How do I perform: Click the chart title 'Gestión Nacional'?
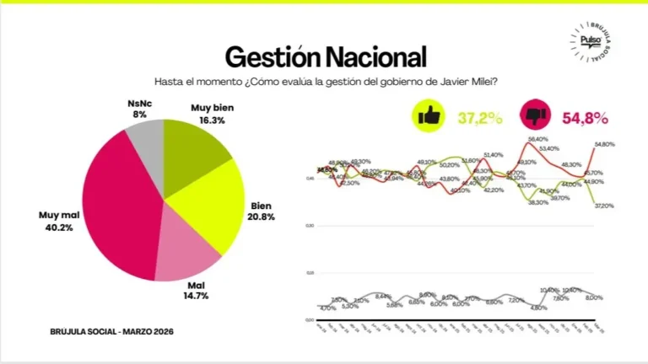[x=325, y=56]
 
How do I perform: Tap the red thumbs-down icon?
[x=534, y=115]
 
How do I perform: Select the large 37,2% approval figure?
[x=479, y=118]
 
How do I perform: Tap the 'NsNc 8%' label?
[x=138, y=108]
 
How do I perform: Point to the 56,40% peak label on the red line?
[x=537, y=139]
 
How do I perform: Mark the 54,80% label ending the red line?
[x=604, y=144]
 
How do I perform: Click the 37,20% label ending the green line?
[x=603, y=206]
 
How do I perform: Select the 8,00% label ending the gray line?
[x=593, y=297]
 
